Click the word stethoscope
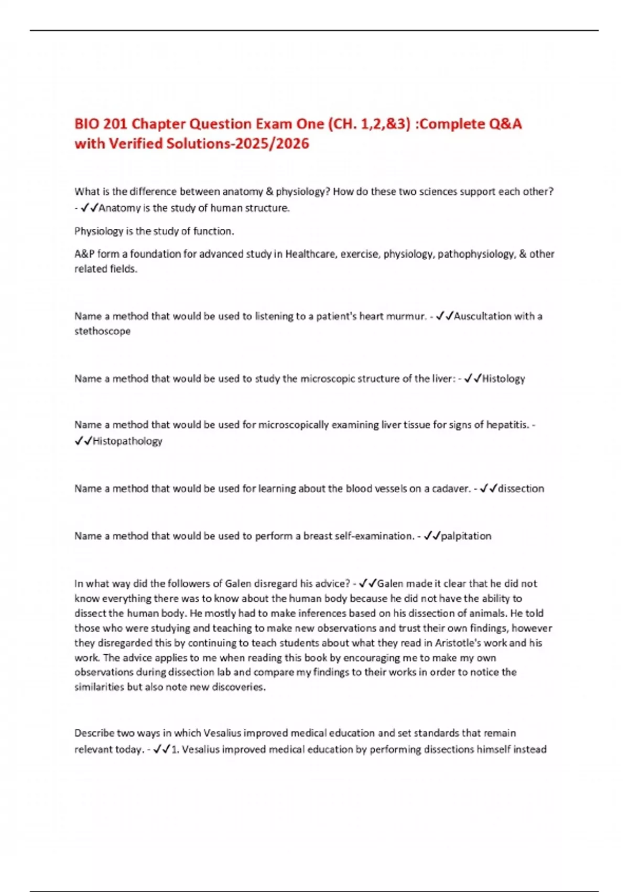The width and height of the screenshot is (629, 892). pos(102,331)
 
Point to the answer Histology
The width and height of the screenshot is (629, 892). pos(504,378)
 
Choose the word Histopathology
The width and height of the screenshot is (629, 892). pos(127,441)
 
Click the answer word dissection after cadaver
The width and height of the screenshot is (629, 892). pos(521,489)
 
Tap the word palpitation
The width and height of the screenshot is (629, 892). pos(467,536)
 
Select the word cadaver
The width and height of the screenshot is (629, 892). pos(451,489)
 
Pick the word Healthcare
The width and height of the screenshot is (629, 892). pos(311,254)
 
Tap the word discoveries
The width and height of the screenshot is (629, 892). pos(238,687)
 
